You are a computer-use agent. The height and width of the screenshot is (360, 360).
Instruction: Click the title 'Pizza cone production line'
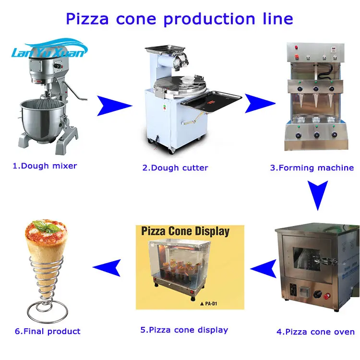(179, 19)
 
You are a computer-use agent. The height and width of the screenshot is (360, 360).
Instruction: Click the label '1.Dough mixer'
(45, 166)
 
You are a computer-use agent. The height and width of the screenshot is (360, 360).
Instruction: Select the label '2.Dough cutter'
(175, 168)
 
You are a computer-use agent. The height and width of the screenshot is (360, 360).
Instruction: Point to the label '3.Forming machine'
(312, 168)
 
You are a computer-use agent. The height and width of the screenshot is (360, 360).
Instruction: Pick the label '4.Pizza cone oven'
(315, 332)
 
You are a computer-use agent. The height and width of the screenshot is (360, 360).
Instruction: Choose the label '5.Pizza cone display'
(184, 330)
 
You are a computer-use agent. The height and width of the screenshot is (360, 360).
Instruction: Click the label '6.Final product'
(48, 331)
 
